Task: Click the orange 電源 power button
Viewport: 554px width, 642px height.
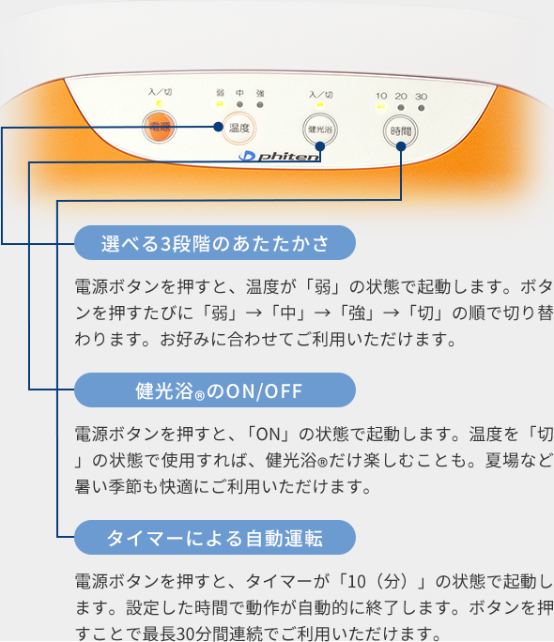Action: (x=158, y=127)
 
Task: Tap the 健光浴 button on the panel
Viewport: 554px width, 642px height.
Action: (x=320, y=128)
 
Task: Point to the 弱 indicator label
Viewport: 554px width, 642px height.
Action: (x=220, y=93)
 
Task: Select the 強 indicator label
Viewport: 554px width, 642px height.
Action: (x=260, y=93)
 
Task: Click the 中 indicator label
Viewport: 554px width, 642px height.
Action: (x=239, y=93)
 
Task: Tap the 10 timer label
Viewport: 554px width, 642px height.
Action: (x=381, y=96)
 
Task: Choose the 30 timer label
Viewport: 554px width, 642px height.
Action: (x=421, y=96)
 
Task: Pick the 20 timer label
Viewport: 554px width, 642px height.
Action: (x=401, y=96)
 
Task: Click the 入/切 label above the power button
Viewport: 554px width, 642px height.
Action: (x=159, y=92)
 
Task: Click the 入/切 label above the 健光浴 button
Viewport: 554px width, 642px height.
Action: (x=320, y=95)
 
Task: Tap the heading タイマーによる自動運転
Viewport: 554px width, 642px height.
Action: (x=215, y=538)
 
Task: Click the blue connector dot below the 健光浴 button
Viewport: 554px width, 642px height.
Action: (x=320, y=145)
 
